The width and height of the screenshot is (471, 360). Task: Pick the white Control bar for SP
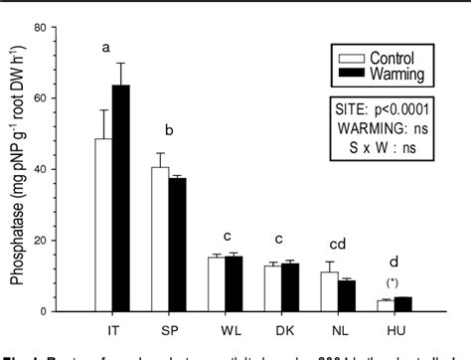pyautogui.click(x=159, y=239)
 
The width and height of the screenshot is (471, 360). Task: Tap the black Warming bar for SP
pyautogui.click(x=176, y=245)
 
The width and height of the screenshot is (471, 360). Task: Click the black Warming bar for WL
pyautogui.click(x=234, y=283)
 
